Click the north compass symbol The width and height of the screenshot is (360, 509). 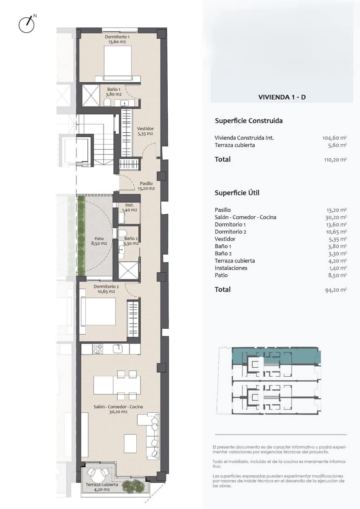click(26, 24)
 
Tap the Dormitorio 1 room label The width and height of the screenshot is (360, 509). click(118, 39)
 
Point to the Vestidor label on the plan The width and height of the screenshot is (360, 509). click(145, 131)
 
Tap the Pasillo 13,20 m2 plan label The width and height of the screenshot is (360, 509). click(146, 186)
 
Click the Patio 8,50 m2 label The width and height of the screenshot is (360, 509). click(99, 241)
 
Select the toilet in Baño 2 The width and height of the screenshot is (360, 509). click(123, 233)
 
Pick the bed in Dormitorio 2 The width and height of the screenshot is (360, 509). click(98, 312)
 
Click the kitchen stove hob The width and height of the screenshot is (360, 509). click(98, 349)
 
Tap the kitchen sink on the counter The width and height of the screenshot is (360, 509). click(118, 349)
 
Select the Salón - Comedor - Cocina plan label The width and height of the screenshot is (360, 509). click(118, 409)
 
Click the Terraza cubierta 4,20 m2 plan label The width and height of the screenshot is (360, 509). click(98, 487)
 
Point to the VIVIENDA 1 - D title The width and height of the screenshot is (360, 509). click(282, 97)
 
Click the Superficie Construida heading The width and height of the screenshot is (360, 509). click(249, 121)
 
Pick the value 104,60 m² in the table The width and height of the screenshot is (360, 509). click(335, 138)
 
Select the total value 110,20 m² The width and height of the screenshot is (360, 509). click(335, 160)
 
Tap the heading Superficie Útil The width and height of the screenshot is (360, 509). click(237, 193)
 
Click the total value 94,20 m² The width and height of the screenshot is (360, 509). click(336, 290)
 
